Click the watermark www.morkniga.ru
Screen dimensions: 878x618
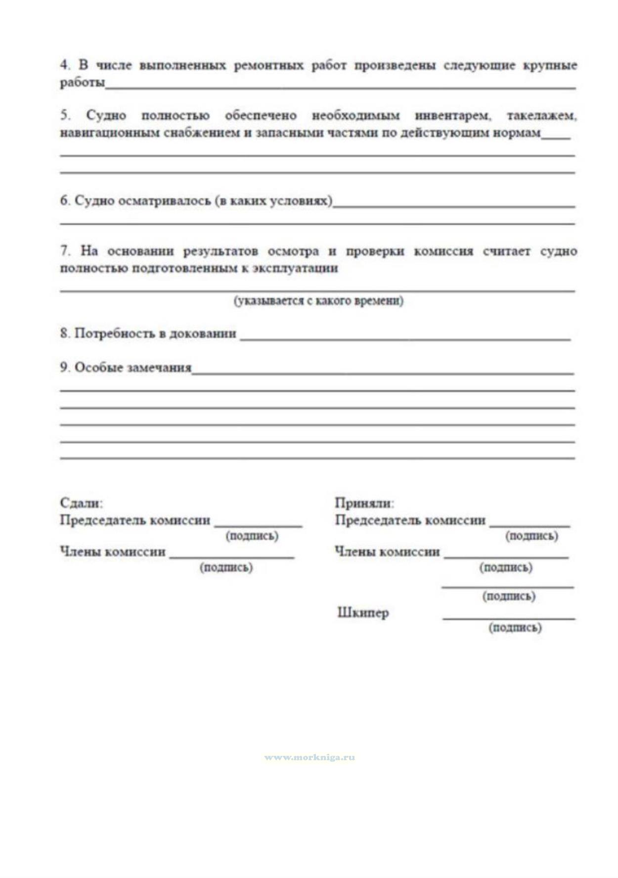(309, 757)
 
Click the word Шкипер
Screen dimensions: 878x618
(363, 612)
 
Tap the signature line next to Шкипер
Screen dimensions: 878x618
(509, 618)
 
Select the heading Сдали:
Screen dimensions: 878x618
(81, 503)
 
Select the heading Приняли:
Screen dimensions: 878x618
(364, 503)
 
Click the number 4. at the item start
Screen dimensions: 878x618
(66, 65)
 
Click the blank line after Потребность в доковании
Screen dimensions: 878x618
(405, 339)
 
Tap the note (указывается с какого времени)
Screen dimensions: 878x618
(318, 300)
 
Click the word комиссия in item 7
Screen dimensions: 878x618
(443, 251)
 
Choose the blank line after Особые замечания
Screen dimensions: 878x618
(383, 373)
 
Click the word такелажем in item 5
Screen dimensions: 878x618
(541, 116)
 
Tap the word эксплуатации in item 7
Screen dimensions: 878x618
(295, 268)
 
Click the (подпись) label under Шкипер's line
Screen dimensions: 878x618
(515, 627)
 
